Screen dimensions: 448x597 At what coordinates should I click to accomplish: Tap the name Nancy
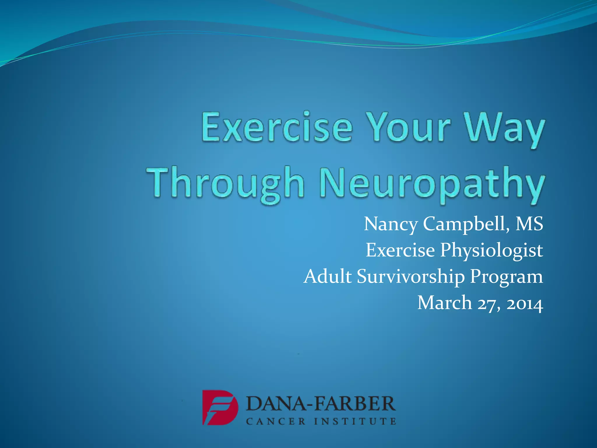(x=391, y=224)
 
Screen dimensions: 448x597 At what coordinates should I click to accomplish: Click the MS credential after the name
(x=529, y=224)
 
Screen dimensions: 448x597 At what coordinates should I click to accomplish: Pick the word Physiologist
(x=491, y=250)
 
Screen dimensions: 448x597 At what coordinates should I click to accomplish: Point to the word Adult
(x=327, y=276)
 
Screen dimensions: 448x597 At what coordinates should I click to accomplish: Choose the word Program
(x=507, y=276)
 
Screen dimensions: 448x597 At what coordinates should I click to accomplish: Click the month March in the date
(x=444, y=302)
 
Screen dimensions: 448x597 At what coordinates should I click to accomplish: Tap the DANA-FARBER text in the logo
(x=321, y=404)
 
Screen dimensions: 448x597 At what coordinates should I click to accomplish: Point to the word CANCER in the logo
(x=276, y=421)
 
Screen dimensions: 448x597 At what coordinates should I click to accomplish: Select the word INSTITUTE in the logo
(x=355, y=421)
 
